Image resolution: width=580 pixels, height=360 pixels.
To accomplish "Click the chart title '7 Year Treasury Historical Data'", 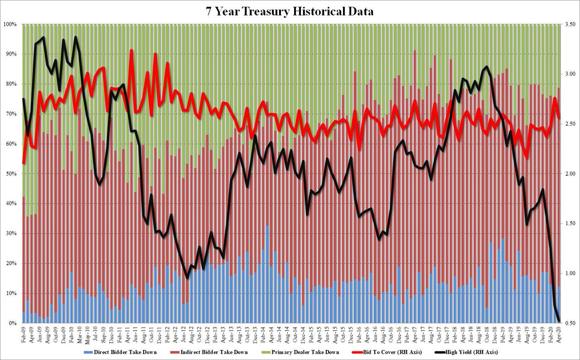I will tap(290, 11).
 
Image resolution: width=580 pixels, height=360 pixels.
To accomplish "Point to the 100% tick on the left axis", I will tap(10, 24).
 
